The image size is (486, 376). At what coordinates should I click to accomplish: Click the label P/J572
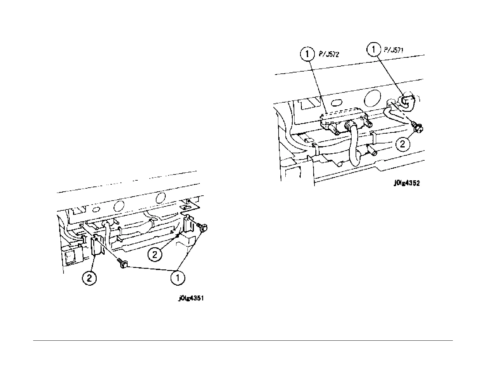click(329, 54)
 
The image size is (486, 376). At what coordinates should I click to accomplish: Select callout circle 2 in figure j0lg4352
click(403, 144)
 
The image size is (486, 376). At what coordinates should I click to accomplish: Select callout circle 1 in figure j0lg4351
click(178, 278)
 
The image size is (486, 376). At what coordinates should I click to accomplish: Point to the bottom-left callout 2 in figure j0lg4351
click(89, 278)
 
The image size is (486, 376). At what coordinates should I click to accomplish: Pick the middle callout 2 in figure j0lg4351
click(155, 254)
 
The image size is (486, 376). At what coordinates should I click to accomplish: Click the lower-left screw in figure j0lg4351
click(123, 263)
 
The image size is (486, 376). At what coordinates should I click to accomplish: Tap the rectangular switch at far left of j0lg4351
click(70, 255)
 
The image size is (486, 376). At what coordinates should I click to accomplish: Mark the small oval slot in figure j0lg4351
click(96, 209)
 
